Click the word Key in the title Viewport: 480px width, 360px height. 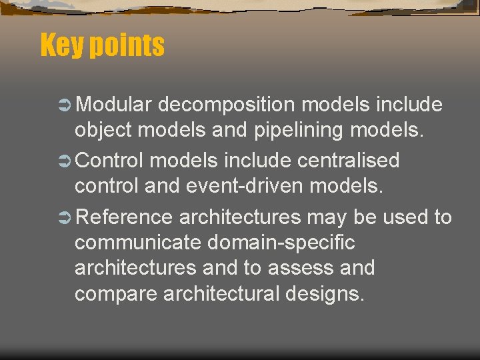tap(62, 45)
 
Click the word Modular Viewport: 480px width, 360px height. tap(115, 105)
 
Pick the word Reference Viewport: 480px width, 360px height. tap(125, 217)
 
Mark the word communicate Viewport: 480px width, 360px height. tap(138, 243)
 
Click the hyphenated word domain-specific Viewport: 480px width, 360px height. tap(281, 243)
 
